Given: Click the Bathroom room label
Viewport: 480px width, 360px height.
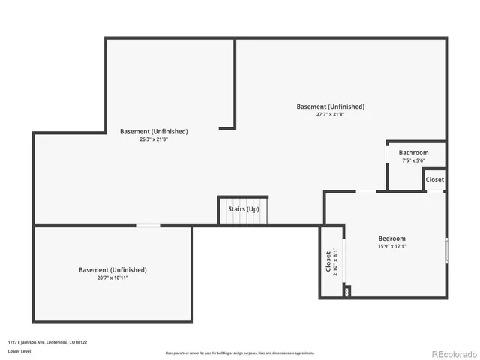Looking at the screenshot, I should click(413, 153).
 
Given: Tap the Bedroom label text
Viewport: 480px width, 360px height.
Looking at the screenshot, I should click(391, 238).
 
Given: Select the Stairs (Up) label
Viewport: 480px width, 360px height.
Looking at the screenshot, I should click(243, 209).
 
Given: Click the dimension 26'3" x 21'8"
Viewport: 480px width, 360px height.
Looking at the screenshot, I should click(154, 139).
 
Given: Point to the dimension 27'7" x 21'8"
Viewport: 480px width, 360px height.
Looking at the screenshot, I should click(330, 115).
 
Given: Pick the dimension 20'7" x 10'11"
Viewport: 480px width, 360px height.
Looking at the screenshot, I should click(112, 277).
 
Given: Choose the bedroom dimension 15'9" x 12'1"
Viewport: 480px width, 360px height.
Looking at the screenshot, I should click(391, 247).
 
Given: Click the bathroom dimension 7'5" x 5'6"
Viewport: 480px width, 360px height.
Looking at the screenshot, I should click(413, 160).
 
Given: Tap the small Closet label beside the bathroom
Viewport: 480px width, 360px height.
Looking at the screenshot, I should click(434, 180).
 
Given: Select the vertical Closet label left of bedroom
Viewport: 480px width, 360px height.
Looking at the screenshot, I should click(328, 262).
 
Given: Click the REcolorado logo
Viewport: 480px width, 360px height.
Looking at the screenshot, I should click(452, 352).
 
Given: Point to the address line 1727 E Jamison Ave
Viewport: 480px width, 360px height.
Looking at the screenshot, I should click(48, 342).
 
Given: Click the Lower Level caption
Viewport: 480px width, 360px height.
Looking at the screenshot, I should click(20, 351).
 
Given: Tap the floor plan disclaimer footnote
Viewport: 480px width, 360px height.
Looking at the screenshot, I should click(240, 352).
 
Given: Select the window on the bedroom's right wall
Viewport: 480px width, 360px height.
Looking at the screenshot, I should click(445, 250).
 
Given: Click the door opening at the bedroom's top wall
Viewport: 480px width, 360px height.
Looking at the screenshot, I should click(366, 191).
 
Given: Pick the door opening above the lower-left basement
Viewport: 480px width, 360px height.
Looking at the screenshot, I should click(148, 226).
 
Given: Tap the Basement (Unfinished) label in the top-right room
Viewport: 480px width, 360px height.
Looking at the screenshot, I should click(330, 106).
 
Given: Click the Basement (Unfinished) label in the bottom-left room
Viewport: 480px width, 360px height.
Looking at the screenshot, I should click(112, 269).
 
